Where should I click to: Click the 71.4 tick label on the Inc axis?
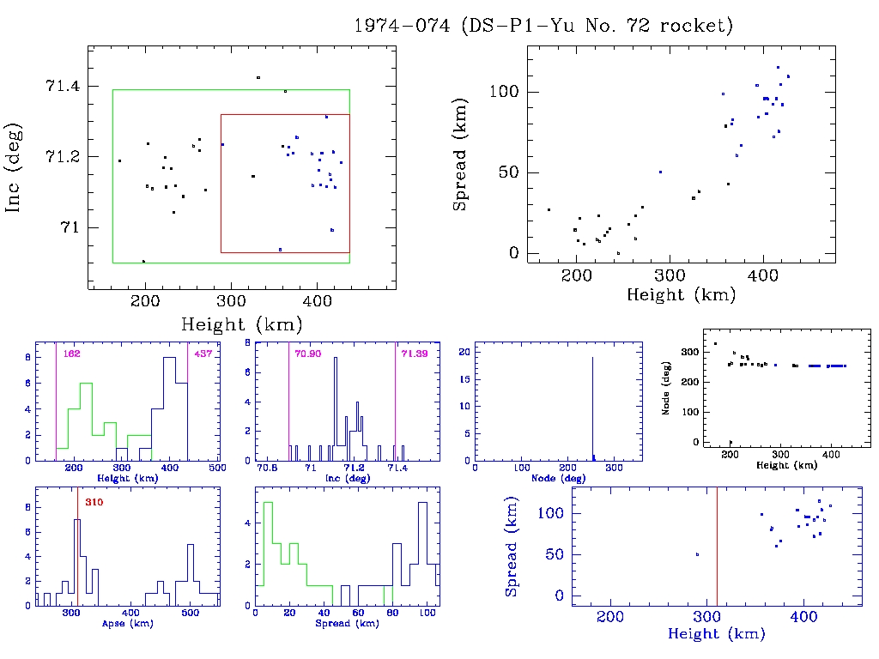[x=61, y=86]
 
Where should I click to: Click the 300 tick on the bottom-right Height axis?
[x=706, y=617]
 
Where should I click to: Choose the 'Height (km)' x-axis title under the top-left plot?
[x=241, y=323]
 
